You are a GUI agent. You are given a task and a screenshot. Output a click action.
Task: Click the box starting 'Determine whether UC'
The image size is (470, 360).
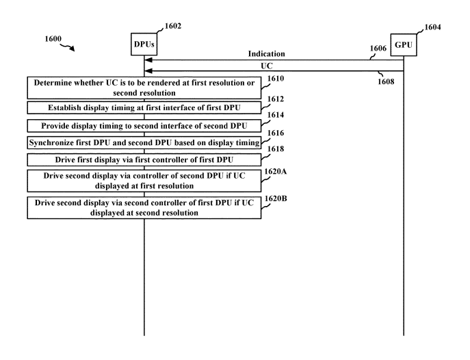tap(144, 88)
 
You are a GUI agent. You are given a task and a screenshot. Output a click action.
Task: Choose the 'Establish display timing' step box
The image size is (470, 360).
tap(144, 107)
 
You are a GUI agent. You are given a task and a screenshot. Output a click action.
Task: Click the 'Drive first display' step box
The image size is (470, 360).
tap(144, 159)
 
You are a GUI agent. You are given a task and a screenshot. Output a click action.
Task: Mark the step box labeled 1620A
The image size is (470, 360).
tap(144, 181)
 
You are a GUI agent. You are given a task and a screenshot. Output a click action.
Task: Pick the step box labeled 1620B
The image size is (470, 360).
tap(144, 207)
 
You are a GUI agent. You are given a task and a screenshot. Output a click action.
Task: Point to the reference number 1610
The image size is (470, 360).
tap(275, 79)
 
